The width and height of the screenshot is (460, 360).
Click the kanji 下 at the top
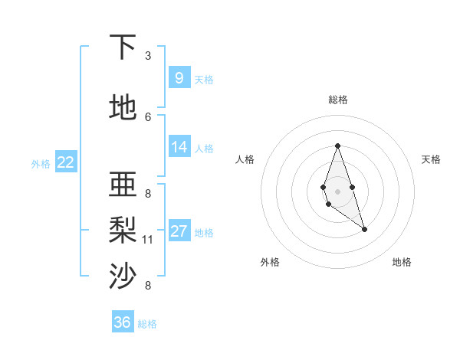coord(123,47)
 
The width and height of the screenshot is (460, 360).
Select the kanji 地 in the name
coord(123,108)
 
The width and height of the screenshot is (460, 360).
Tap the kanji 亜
coord(123,185)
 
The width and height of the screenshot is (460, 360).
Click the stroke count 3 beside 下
coord(148,55)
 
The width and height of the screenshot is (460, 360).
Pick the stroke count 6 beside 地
coord(148,116)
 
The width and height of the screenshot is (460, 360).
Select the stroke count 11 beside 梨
coord(148,240)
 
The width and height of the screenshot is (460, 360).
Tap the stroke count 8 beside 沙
coord(148,286)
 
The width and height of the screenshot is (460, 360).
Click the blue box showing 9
coord(179,77)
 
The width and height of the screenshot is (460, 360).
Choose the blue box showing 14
coord(179,147)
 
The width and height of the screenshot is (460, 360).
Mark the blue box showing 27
coord(179,231)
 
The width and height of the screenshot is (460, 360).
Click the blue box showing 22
coord(66,162)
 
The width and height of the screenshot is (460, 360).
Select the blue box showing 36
coord(123,322)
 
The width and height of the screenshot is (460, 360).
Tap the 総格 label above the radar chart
coord(337,100)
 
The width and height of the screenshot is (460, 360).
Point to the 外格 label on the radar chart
coord(270,262)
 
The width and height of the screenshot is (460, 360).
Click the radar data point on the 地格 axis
coord(364,229)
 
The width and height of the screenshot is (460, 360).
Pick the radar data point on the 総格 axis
coord(337,146)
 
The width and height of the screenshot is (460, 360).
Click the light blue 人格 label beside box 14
coord(204,149)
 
